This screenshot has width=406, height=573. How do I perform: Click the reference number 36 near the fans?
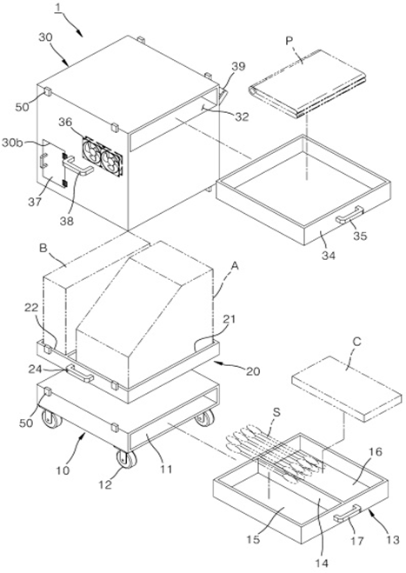(x=65, y=123)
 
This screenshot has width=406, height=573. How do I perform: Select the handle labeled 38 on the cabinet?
(x=77, y=166)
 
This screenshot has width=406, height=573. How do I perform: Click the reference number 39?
(x=238, y=67)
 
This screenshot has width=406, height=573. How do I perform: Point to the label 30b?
(x=13, y=143)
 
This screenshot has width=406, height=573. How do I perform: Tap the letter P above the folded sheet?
(x=290, y=42)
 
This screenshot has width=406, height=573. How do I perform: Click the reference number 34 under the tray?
(x=328, y=256)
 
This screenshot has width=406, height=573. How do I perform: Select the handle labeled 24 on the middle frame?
(x=79, y=373)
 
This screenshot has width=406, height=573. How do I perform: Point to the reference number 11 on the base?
(x=167, y=469)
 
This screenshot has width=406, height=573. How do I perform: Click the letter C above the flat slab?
(x=356, y=342)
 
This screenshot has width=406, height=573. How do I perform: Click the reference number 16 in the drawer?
(x=376, y=452)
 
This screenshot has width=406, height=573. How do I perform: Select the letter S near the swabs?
(x=276, y=412)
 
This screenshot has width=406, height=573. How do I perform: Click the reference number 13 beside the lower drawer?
(x=393, y=539)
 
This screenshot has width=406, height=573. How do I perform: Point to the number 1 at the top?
(x=57, y=7)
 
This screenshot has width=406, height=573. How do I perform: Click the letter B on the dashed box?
(x=43, y=249)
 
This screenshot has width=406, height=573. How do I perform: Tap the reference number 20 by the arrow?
(x=253, y=371)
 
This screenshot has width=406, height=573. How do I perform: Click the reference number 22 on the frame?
(x=31, y=307)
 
